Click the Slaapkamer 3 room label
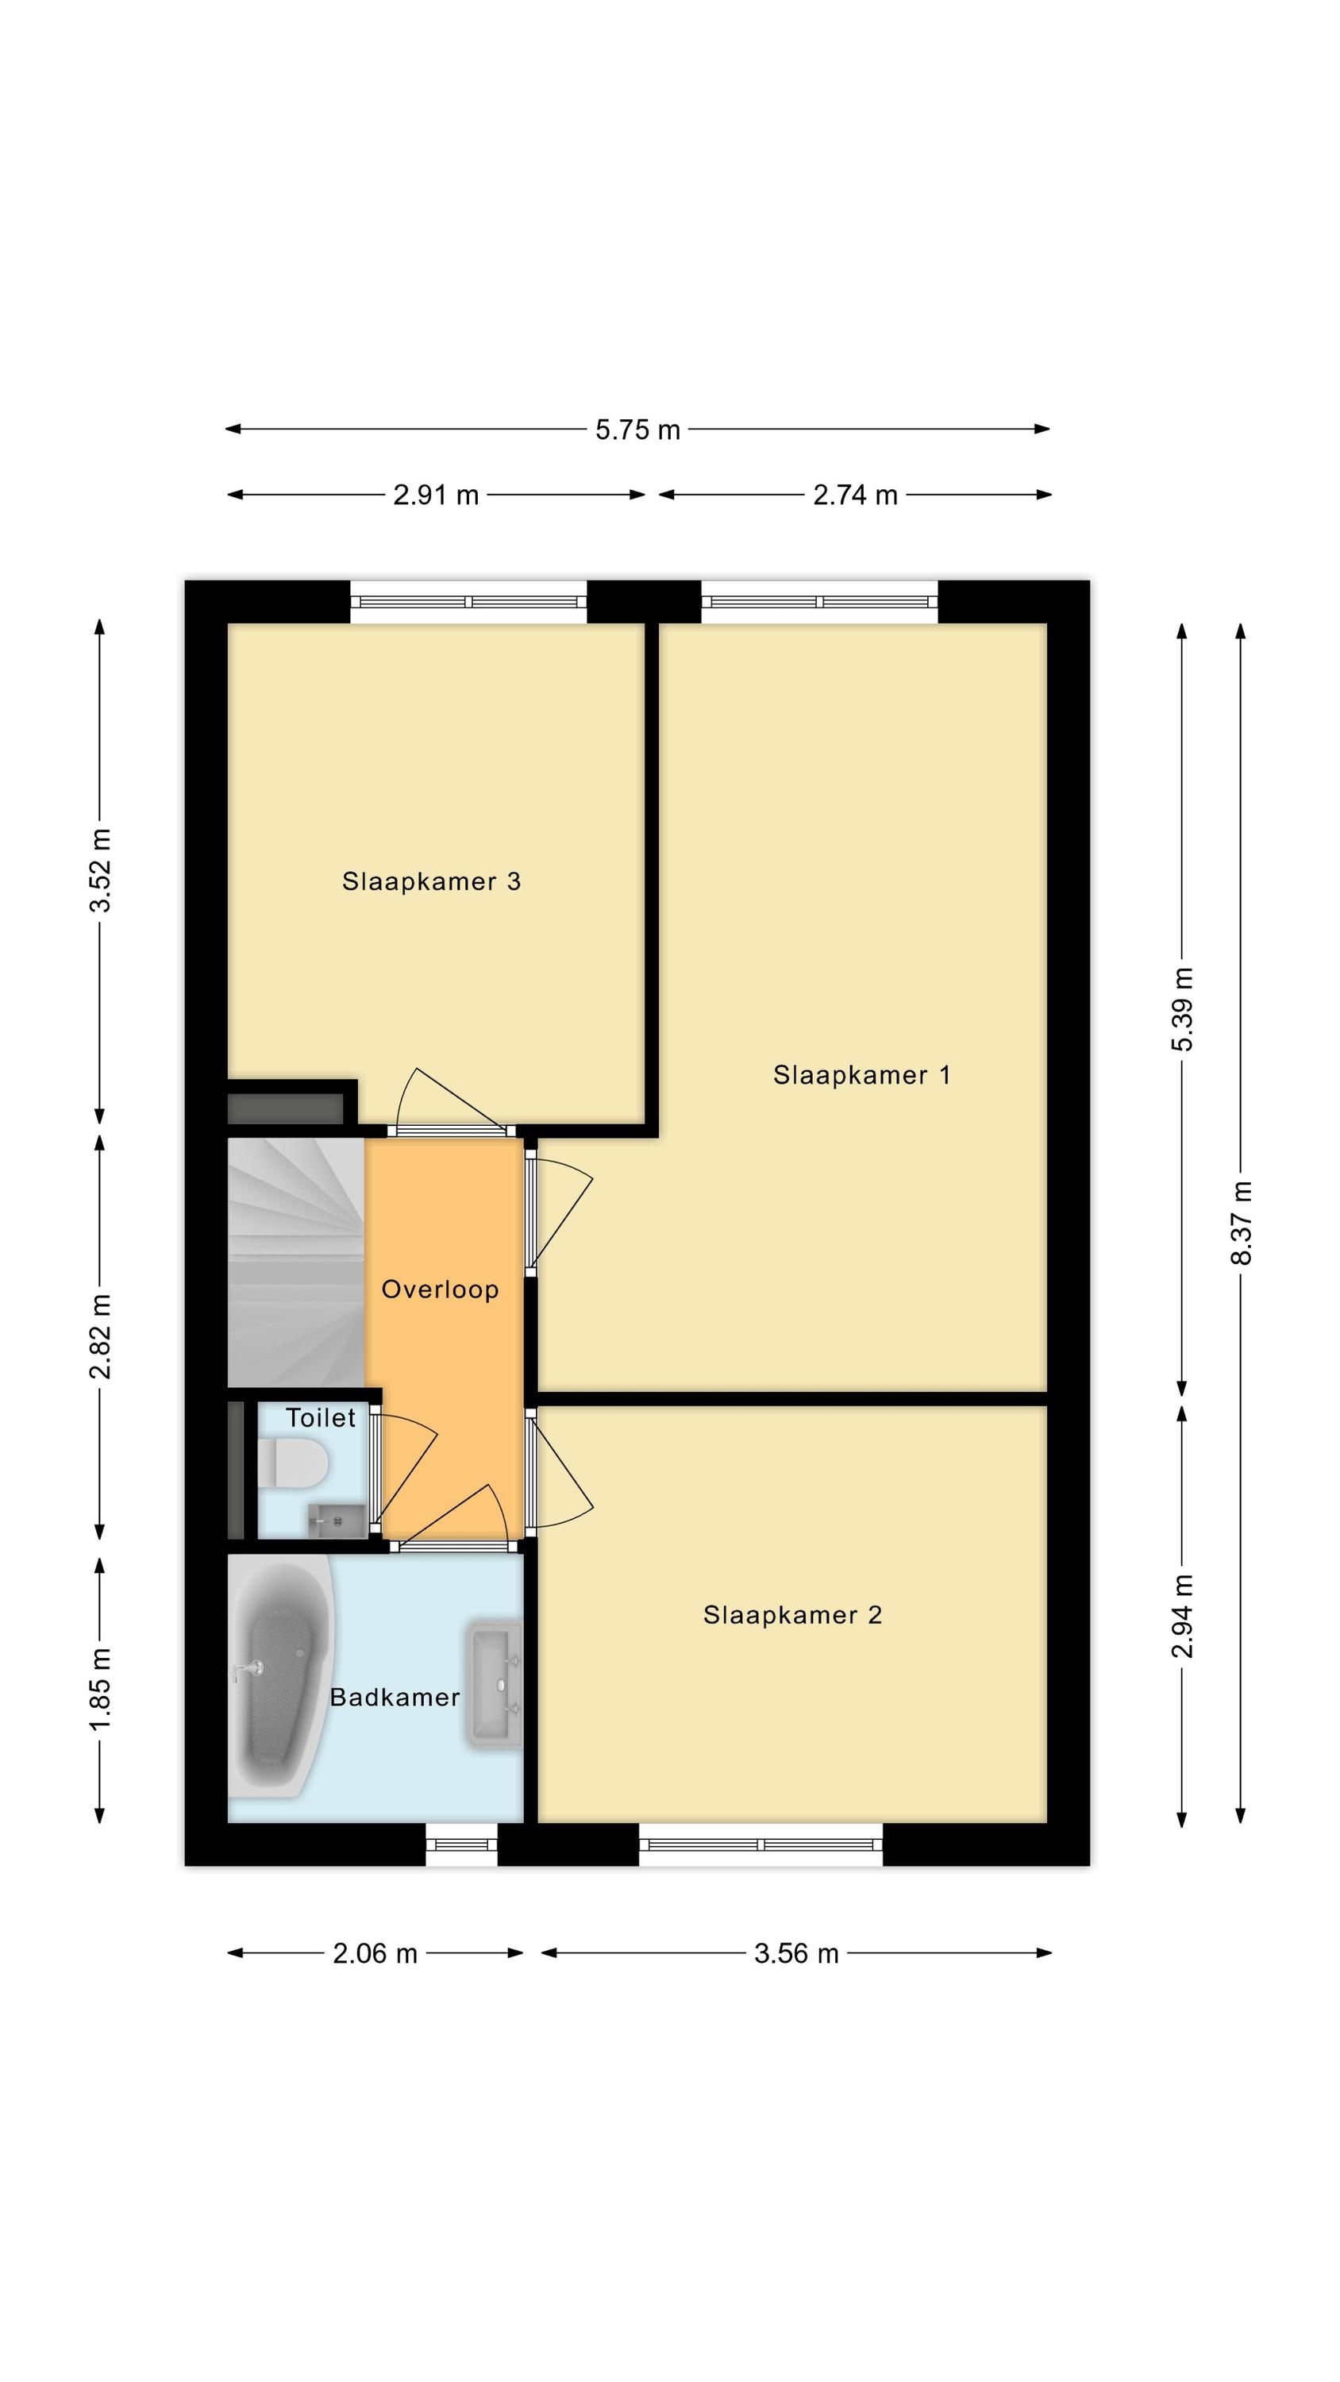point(431,881)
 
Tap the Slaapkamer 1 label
point(862,1074)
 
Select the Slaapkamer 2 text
point(792,1614)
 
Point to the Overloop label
point(441,1289)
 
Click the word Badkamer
point(395,1697)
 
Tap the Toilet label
point(321,1417)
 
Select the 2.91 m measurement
point(437,495)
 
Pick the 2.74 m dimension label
point(856,495)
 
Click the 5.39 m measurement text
point(1183,1009)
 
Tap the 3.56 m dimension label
point(796,1954)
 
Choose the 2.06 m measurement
point(375,1954)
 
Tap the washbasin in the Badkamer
point(494,1685)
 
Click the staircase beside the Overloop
point(296,1262)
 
